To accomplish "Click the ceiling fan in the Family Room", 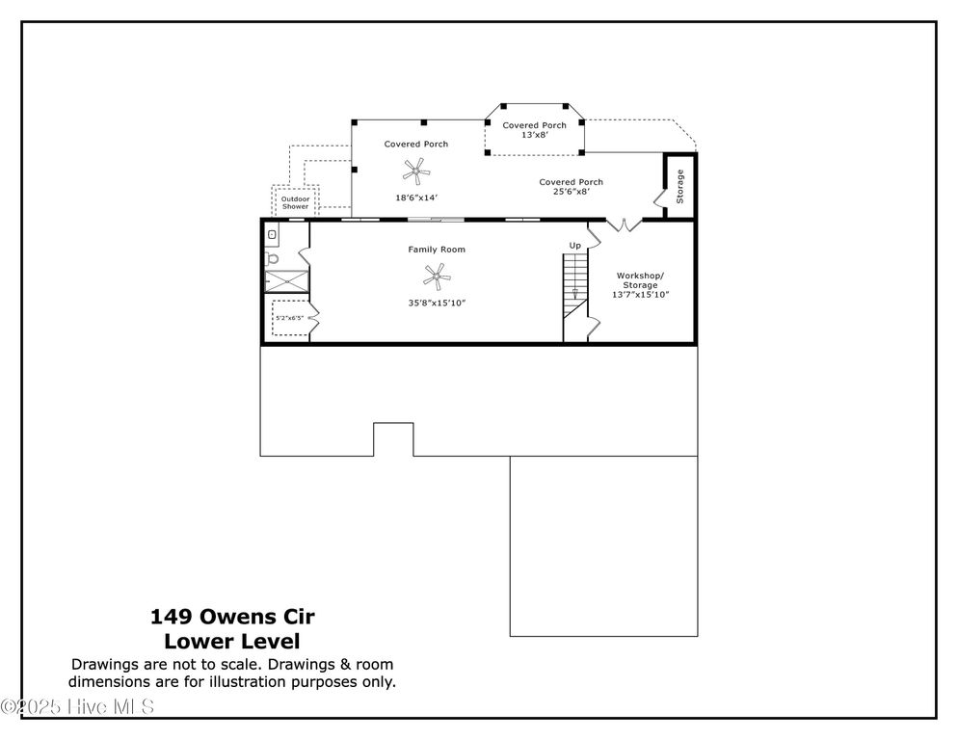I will pyautogui.click(x=437, y=278).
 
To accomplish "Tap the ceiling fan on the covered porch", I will pyautogui.click(x=415, y=172).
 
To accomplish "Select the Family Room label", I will pyautogui.click(x=437, y=250).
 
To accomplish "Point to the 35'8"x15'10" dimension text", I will pyautogui.click(x=437, y=303).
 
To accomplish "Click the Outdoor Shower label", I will pyautogui.click(x=295, y=203).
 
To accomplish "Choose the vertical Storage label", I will pyautogui.click(x=679, y=186).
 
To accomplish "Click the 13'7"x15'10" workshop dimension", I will pyautogui.click(x=640, y=295).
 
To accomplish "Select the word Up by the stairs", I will pyautogui.click(x=574, y=246).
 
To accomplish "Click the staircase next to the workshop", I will pyautogui.click(x=574, y=285).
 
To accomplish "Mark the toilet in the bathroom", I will pyautogui.click(x=273, y=258).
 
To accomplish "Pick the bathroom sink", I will pyautogui.click(x=272, y=234).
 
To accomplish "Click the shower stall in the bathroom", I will pyautogui.click(x=287, y=281).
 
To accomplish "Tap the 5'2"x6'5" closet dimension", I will pyautogui.click(x=289, y=317).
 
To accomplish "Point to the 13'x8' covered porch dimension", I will pyautogui.click(x=534, y=136).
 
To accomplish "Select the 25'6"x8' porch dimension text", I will pyautogui.click(x=571, y=192).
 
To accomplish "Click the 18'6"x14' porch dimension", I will pyautogui.click(x=416, y=198).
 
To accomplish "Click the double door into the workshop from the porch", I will pyautogui.click(x=622, y=225).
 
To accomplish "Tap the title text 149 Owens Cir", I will pyautogui.click(x=232, y=616).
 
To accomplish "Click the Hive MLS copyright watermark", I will pyautogui.click(x=77, y=707).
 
